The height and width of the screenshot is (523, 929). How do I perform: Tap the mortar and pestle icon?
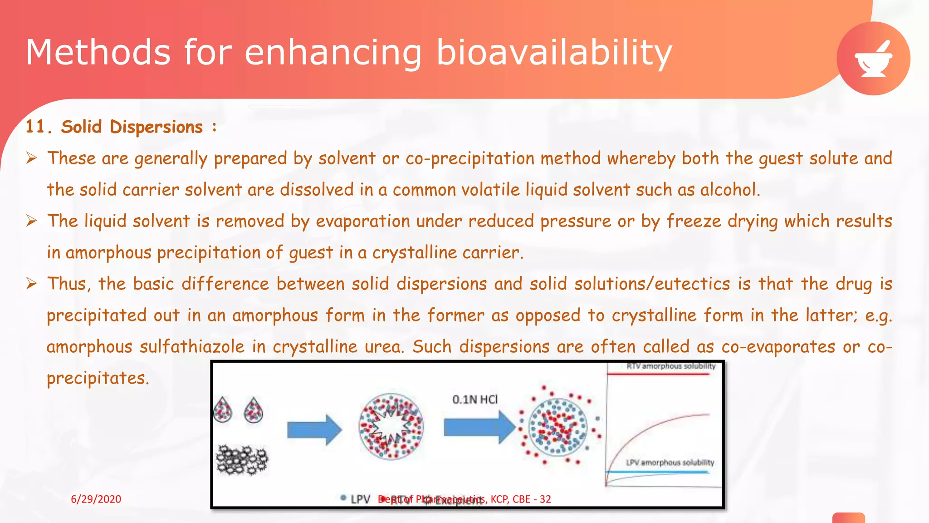click(873, 59)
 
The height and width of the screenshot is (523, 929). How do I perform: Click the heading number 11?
click(35, 127)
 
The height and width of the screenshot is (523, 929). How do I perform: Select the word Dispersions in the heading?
click(156, 127)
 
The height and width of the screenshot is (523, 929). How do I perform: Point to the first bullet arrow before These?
click(31, 158)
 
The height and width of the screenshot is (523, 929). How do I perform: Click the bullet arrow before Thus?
click(31, 284)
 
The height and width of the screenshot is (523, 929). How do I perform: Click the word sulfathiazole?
click(192, 347)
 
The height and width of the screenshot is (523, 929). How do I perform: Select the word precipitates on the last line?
click(98, 378)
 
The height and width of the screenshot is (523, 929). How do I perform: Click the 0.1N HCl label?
click(474, 400)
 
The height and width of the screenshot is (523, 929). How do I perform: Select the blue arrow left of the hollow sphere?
click(314, 429)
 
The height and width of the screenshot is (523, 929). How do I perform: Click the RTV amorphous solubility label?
click(670, 366)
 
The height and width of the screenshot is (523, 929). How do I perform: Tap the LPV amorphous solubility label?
click(670, 463)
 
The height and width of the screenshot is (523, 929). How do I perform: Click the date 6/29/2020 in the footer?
click(96, 499)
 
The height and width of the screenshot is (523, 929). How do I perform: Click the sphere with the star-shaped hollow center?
click(391, 427)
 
